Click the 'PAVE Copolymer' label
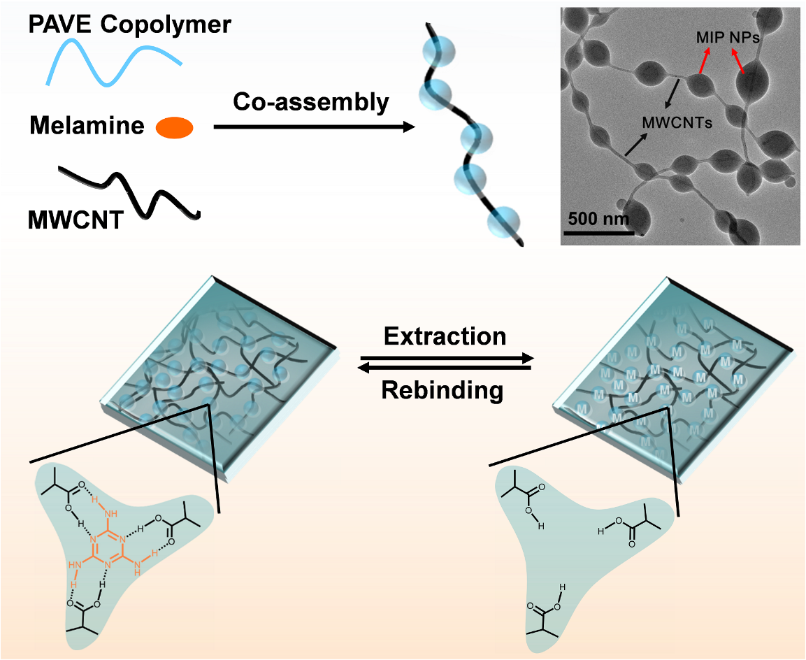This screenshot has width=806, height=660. coord(130,25)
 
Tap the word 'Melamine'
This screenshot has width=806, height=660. coord(87,127)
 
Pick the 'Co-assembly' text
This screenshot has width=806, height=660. coord(310,102)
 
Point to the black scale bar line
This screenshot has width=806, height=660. coord(598,231)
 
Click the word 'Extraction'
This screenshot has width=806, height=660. coord(445,336)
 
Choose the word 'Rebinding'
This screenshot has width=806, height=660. coord(442,391)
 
